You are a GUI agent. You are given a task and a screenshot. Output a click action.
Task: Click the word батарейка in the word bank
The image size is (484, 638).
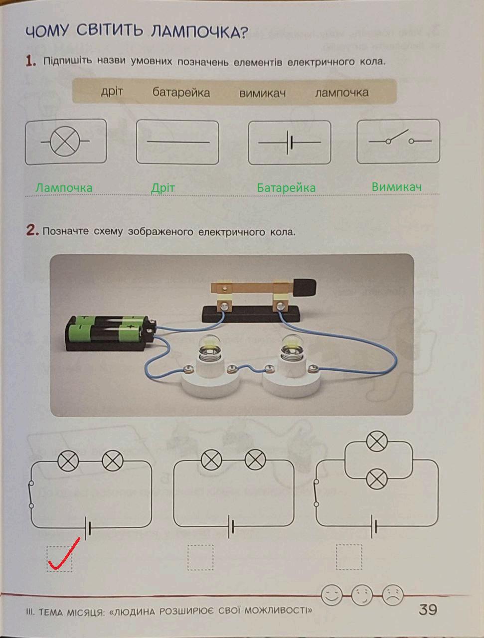click(181, 93)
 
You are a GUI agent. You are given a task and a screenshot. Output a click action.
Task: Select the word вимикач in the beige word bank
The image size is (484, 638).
click(262, 93)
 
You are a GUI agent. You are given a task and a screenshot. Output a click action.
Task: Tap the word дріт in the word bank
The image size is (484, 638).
click(112, 92)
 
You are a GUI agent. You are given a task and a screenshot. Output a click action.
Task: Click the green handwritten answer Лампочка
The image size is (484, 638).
click(64, 188)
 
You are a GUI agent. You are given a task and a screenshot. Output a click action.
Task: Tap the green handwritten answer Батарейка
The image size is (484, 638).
click(286, 188)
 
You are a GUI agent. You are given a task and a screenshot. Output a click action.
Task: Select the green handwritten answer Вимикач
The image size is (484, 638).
click(397, 187)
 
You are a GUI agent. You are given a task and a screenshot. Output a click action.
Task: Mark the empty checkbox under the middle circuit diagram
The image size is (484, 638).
click(200, 557)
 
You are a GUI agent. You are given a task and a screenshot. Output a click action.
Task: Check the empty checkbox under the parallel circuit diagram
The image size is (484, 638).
click(349, 557)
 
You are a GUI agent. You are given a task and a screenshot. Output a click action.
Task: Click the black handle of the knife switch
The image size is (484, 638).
click(304, 287)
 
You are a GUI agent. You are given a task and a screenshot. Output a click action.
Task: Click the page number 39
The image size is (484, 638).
click(428, 609)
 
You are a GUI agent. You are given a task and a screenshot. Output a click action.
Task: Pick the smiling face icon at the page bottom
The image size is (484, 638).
click(331, 594)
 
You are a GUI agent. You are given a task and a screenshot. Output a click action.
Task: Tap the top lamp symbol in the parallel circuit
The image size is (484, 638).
click(377, 442)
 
